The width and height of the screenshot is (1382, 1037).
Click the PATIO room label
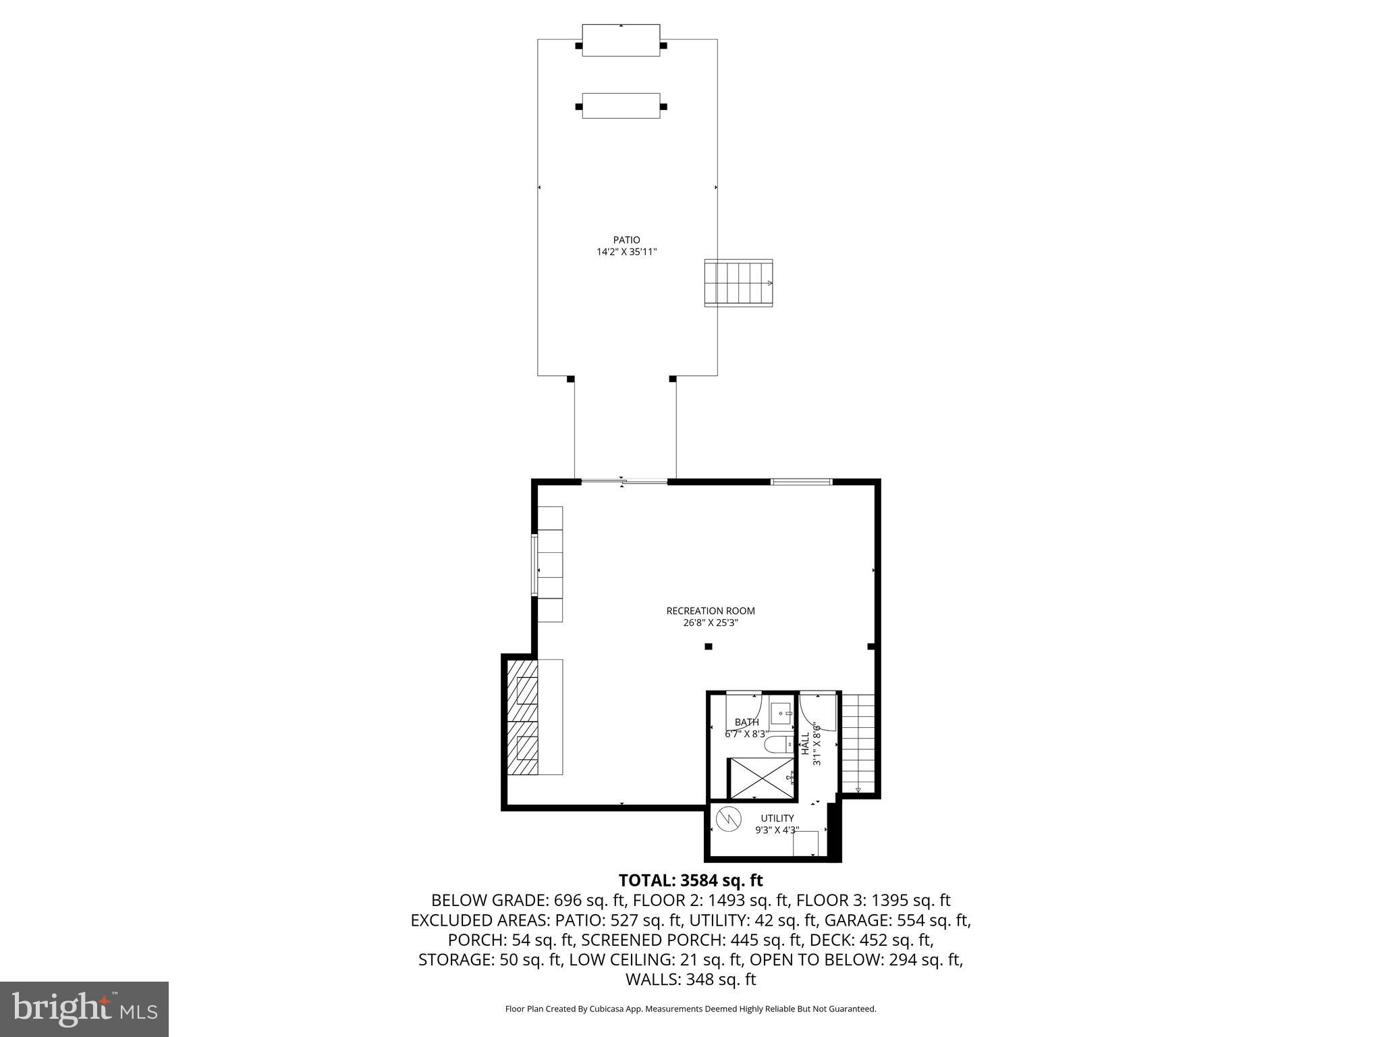point(626,240)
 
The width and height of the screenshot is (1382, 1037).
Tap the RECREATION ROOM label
point(710,611)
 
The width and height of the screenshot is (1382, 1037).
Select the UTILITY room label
point(777,818)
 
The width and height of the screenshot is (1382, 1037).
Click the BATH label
point(746,722)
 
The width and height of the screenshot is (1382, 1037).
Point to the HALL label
point(805,743)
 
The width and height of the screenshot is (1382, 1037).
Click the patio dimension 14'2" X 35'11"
point(626,252)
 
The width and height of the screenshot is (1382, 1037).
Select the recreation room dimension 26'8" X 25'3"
point(710,623)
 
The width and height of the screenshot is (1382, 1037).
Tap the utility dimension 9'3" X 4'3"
point(777,830)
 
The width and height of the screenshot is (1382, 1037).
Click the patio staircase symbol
point(738,283)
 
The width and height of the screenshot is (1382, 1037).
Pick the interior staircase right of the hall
point(858,743)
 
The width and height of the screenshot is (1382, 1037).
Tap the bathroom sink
point(783,713)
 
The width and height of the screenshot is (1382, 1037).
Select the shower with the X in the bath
point(761,778)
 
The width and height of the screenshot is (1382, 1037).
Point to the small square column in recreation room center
point(709,646)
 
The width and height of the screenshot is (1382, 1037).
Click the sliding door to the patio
point(624,481)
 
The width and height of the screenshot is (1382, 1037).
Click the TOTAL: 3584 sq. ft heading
point(690,880)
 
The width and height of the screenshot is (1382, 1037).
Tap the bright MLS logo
point(84,1009)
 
